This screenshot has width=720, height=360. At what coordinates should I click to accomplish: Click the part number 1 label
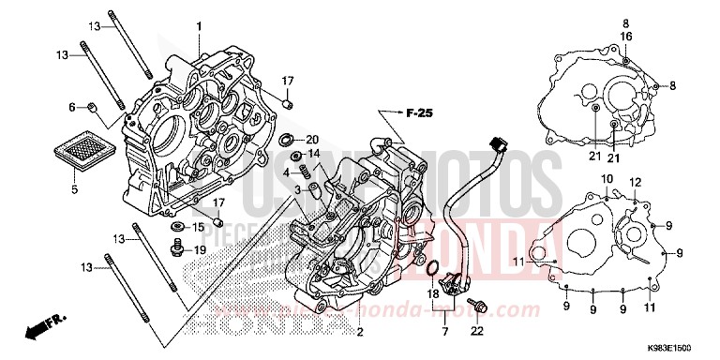tap(199, 26)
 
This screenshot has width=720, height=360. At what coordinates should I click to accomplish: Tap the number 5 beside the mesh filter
tap(73, 188)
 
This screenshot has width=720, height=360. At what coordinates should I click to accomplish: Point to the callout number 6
tap(70, 107)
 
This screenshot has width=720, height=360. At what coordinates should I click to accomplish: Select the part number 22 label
tap(475, 329)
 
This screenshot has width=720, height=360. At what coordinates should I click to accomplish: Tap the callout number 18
tap(433, 294)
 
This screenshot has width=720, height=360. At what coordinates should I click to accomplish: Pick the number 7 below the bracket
tap(445, 330)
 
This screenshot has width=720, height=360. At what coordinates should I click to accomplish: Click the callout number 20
tap(313, 139)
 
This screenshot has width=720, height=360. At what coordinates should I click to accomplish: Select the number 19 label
tap(199, 249)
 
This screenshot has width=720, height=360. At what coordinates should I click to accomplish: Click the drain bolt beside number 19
tap(175, 247)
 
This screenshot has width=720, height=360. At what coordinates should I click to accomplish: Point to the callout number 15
tap(199, 227)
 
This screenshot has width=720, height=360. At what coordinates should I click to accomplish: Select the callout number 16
tap(624, 36)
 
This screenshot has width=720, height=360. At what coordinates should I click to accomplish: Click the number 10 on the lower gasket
tap(607, 178)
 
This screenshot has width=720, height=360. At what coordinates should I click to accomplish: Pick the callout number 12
tap(635, 181)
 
